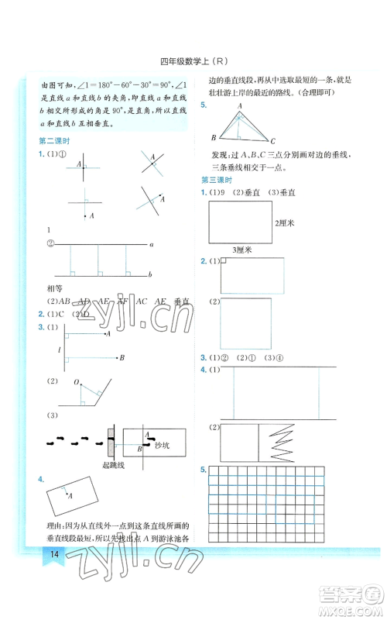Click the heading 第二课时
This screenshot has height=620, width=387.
click(x=53, y=140)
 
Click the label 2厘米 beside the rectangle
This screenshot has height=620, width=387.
click(x=288, y=223)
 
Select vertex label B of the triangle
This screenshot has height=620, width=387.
click(x=214, y=137)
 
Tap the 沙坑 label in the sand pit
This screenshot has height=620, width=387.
click(x=161, y=446)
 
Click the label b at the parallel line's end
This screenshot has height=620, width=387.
click(x=151, y=274)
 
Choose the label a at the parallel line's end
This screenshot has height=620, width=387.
click(x=151, y=244)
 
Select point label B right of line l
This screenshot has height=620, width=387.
click(x=122, y=357)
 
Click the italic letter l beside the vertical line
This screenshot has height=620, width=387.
click(x=50, y=351)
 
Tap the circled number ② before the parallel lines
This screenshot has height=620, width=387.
click(x=51, y=242)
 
